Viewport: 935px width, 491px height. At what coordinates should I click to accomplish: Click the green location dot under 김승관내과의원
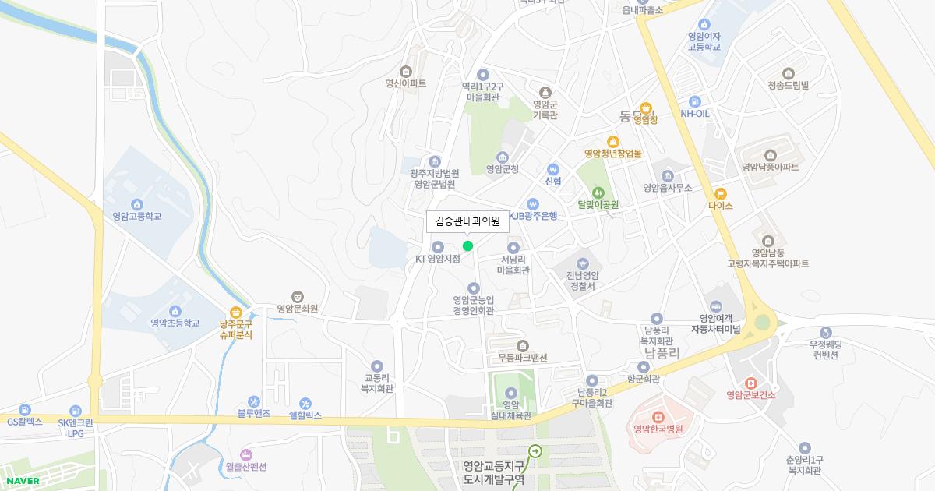tap(467, 246)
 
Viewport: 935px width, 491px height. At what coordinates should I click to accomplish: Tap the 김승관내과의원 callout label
tap(467, 221)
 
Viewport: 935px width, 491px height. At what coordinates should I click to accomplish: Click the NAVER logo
tap(22, 481)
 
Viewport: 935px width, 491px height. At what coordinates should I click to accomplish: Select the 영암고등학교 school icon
tap(137, 204)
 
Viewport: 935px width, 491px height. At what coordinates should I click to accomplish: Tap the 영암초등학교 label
tap(175, 323)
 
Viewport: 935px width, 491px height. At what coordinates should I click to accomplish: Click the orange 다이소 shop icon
tap(721, 194)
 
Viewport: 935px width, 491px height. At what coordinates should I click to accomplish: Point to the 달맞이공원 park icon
tap(598, 192)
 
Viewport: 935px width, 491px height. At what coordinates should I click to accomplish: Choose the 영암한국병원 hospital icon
tap(657, 417)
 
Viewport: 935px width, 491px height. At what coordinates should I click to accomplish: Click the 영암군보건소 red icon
tap(750, 383)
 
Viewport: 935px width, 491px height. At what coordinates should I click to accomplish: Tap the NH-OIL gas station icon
tap(694, 101)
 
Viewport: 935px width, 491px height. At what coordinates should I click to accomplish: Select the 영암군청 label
tap(502, 168)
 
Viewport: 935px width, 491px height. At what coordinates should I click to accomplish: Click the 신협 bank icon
tap(553, 169)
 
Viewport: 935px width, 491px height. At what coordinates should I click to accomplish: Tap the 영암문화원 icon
tap(297, 296)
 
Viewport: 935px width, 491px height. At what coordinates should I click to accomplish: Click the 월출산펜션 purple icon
tap(246, 454)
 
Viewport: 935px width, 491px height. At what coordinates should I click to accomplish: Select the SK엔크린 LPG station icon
tap(76, 411)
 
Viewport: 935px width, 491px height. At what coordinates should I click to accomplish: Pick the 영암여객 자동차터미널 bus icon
tap(716, 306)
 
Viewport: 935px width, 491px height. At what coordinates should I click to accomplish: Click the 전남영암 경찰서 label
tap(583, 281)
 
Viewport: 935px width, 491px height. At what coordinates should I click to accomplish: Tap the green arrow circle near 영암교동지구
tap(535, 450)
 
